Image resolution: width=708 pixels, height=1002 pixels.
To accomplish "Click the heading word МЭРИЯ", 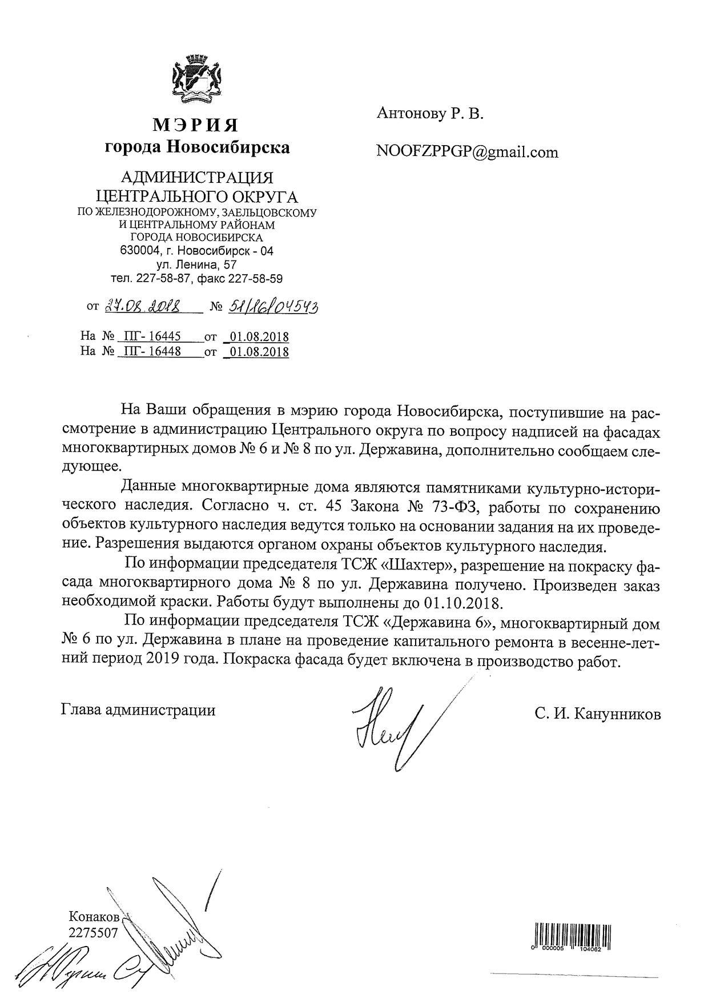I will coord(196,125).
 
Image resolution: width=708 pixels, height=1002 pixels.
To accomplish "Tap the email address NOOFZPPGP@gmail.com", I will coord(467,152).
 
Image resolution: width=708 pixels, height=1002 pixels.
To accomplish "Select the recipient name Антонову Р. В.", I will coord(430,114).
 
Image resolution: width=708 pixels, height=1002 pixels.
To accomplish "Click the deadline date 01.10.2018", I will coord(462,603).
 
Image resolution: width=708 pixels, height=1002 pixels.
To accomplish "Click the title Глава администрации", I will coord(138,710).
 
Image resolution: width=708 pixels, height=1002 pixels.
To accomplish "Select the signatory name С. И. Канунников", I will coord(598,714).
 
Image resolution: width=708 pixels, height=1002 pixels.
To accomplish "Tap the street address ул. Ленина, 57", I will coord(196,265).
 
